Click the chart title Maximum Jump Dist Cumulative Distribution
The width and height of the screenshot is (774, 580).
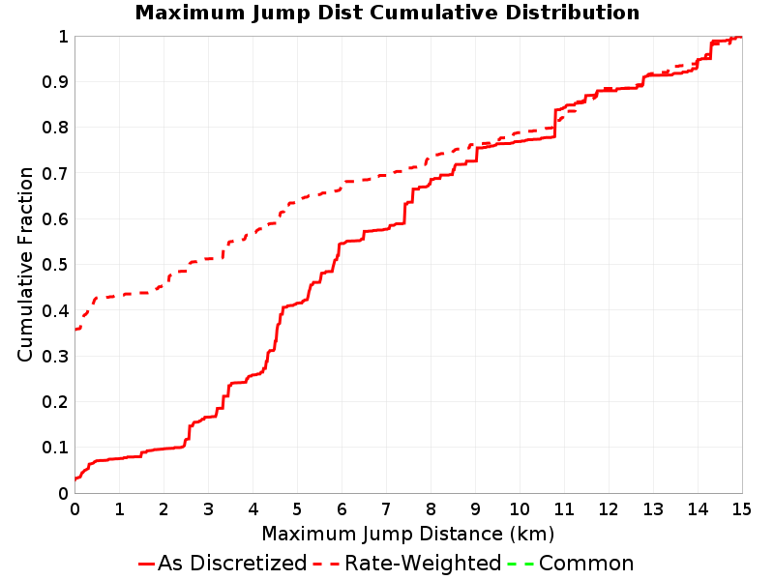388,13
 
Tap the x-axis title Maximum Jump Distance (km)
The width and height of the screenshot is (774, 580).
408,534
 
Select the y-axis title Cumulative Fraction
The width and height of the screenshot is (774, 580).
25,264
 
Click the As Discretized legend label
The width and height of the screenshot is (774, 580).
232,563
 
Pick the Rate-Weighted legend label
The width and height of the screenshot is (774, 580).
423,563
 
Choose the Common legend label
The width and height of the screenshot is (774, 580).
586,563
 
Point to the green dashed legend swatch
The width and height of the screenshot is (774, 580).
521,564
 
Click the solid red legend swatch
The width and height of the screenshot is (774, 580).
147,564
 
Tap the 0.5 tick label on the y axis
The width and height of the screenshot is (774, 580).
55,264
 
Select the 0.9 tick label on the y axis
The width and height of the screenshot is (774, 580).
55,81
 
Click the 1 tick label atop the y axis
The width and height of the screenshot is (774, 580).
63,36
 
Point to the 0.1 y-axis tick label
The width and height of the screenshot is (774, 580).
55,448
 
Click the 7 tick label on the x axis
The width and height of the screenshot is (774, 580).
386,508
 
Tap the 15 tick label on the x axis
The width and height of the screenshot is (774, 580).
742,508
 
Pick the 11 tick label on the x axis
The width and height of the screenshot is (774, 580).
564,508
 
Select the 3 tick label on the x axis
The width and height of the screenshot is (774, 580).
208,508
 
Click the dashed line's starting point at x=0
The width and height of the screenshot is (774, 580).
75,329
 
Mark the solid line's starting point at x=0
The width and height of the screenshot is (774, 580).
75,478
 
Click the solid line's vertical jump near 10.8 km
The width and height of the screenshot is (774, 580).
555,124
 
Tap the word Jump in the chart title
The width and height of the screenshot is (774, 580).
282,14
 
